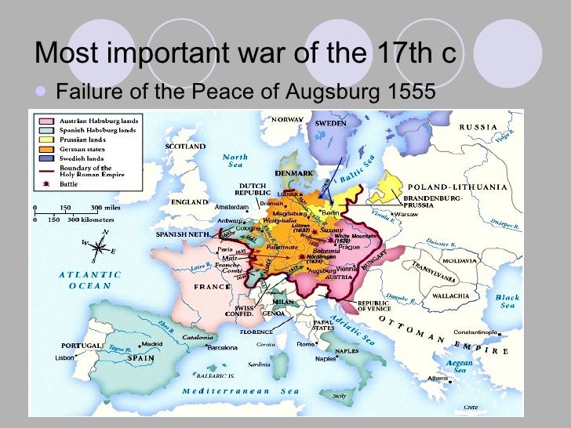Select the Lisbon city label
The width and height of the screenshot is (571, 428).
click(65, 357)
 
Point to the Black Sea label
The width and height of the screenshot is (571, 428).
click(507, 301)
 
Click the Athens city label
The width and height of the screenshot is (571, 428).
click(438, 379)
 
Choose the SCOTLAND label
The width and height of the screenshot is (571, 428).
click(185, 146)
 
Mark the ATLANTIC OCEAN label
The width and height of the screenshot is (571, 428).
click(90, 280)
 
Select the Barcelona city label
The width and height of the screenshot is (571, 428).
click(221, 346)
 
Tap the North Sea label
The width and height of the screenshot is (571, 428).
click(235, 161)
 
